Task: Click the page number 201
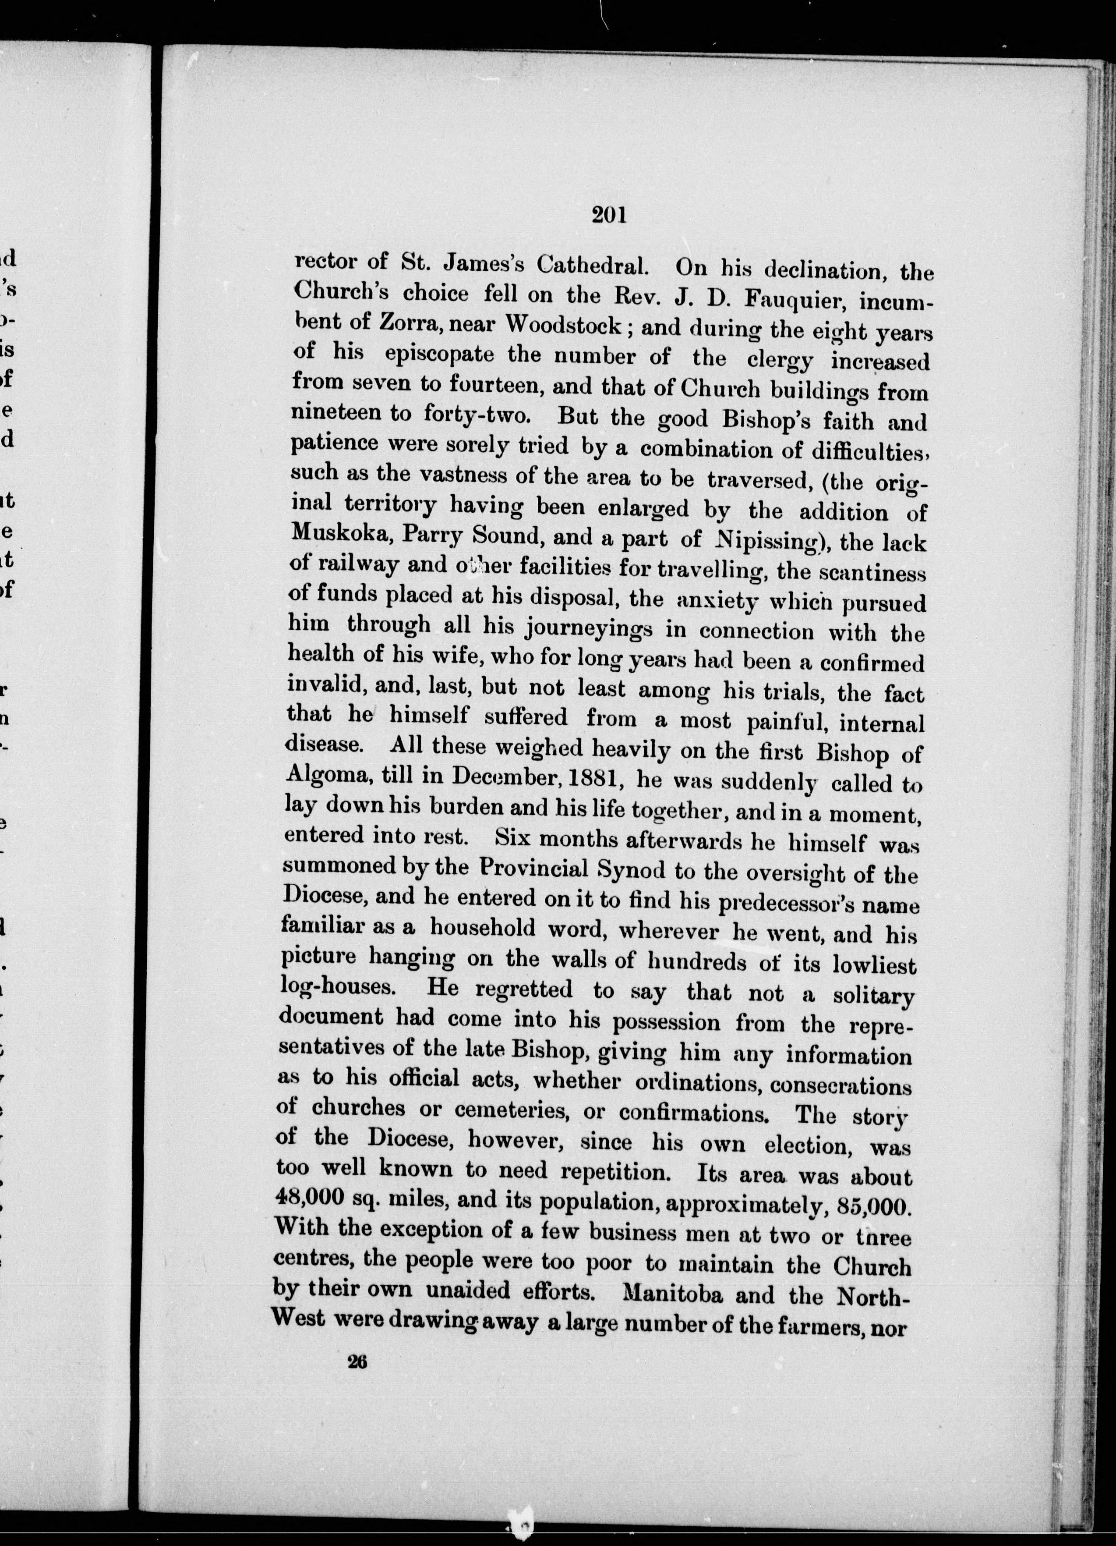point(609,216)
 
